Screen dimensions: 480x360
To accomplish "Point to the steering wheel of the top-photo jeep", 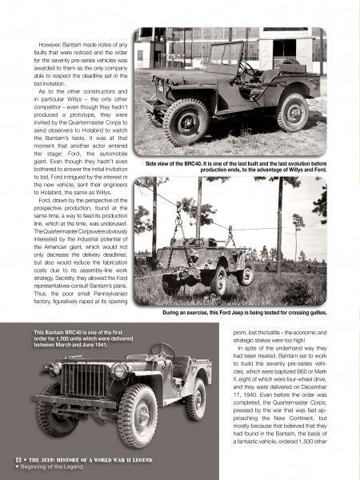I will [250, 71].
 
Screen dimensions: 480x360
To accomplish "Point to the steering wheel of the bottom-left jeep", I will [163, 352].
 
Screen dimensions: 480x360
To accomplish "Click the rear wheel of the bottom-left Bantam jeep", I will [194, 397].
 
